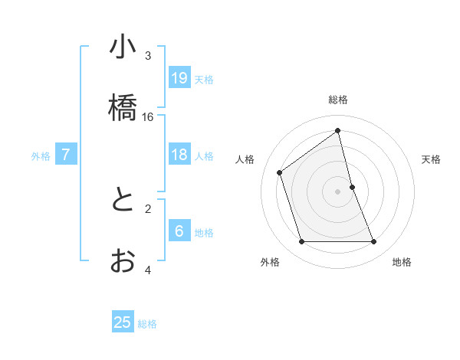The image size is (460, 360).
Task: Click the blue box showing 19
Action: (179, 78)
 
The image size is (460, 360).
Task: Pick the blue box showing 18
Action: (179, 155)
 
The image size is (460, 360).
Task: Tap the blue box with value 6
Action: (179, 231)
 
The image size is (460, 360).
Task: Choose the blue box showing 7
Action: (66, 155)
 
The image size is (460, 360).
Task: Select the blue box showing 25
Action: (123, 322)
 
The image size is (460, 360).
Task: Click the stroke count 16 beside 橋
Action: (148, 116)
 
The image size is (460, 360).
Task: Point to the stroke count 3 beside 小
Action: (148, 56)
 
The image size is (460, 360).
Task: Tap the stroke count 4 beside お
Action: (148, 270)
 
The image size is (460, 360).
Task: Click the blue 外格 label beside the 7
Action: (41, 155)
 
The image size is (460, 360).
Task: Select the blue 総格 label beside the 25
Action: (147, 323)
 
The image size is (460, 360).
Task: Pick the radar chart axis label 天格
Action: (431, 159)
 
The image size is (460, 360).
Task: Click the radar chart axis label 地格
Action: (402, 262)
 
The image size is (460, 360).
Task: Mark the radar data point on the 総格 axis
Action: (338, 130)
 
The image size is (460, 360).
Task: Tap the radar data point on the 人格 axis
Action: (280, 172)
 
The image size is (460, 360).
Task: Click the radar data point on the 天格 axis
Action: (352, 187)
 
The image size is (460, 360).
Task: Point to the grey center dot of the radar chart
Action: (338, 191)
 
